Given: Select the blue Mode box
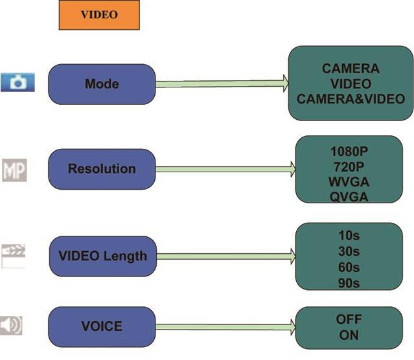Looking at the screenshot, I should tap(102, 84).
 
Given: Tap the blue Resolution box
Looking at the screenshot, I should tap(102, 169).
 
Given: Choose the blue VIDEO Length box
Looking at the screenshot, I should tap(102, 256).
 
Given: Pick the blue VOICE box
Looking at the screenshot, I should tap(102, 326).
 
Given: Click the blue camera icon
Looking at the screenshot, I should tap(17, 83).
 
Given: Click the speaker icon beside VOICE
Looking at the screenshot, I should tap(12, 325).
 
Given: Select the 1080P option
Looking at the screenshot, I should tap(349, 150).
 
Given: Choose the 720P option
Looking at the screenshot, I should tap(349, 166).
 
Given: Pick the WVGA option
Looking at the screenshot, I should tap(349, 181).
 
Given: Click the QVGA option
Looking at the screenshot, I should tap(349, 197).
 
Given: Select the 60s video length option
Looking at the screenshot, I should tap(349, 267).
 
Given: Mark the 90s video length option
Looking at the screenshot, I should tap(349, 283).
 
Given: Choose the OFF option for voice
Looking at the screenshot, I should tap(349, 319).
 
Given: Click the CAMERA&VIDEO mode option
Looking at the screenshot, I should tap(351, 99).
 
